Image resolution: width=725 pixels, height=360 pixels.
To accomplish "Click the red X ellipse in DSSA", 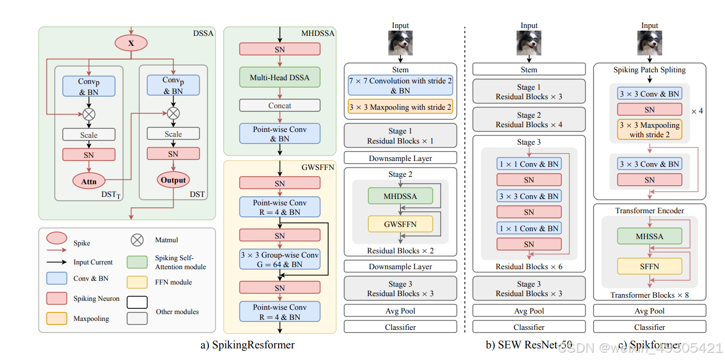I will click(131, 43).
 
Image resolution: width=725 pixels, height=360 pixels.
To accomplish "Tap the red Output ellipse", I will click(173, 180).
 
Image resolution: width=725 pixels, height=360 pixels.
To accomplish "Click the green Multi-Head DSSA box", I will click(280, 78).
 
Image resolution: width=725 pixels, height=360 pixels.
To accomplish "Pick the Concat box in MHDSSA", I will click(280, 106).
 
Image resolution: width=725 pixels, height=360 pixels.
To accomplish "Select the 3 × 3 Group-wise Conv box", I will click(280, 260).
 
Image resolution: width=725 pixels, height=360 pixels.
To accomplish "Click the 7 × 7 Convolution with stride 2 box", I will click(400, 85).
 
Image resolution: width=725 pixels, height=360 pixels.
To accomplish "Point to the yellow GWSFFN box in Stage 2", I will click(400, 224).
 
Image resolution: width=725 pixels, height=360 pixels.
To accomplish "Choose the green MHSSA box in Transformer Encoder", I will click(650, 236).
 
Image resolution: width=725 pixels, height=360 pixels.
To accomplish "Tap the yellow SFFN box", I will click(650, 267).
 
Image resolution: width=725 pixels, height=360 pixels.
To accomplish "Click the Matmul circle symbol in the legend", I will click(137, 240).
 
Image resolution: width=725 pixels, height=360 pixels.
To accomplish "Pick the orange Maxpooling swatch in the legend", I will click(57, 318).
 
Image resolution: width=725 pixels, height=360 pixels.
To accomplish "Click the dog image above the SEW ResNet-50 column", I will click(529, 43).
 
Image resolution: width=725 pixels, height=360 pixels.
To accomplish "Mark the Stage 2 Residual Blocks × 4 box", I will click(529, 120).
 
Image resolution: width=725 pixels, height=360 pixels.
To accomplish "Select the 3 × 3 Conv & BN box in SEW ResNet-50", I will click(529, 196).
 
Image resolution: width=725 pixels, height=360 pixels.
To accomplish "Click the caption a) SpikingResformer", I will click(247, 345).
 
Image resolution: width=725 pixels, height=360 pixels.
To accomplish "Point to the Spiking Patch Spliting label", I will click(650, 70).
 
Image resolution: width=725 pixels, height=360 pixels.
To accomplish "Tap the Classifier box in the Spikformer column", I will click(650, 327).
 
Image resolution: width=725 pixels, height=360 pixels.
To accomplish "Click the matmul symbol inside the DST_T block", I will click(89, 113).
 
